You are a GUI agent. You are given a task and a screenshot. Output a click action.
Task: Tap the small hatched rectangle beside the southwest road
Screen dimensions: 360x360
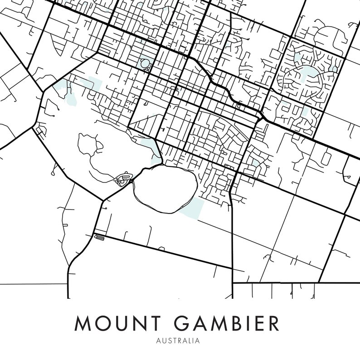click(100, 236)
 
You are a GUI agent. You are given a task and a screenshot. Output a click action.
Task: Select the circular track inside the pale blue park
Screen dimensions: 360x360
click(145, 63)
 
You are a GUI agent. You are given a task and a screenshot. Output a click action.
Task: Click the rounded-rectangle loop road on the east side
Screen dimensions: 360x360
click(326, 158)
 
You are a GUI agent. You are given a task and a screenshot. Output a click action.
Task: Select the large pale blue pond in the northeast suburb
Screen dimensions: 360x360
click(308, 73)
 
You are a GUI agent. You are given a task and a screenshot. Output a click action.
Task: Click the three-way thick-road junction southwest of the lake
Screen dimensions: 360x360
click(103, 200)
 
